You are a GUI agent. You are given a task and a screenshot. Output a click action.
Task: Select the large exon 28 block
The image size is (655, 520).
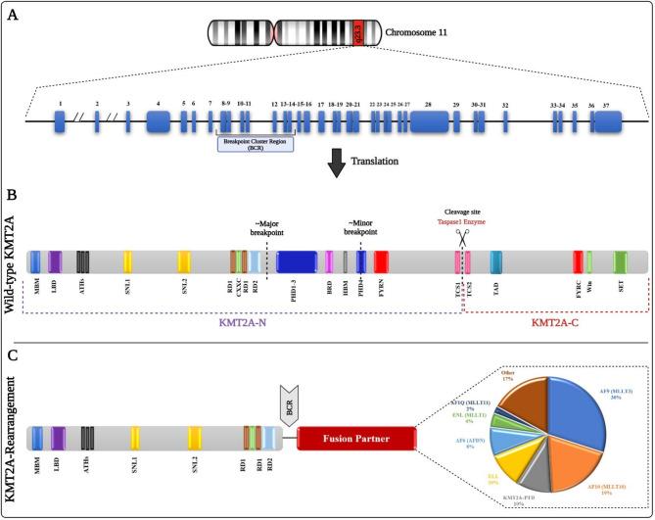pyautogui.click(x=429, y=121)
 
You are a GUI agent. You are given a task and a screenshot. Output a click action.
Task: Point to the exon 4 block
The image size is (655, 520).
pyautogui.click(x=159, y=121)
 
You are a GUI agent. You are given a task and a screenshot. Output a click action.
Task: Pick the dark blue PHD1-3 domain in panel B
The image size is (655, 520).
pyautogui.click(x=295, y=261)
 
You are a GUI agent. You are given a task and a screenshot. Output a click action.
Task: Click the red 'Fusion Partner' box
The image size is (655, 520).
pyautogui.click(x=355, y=410)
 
